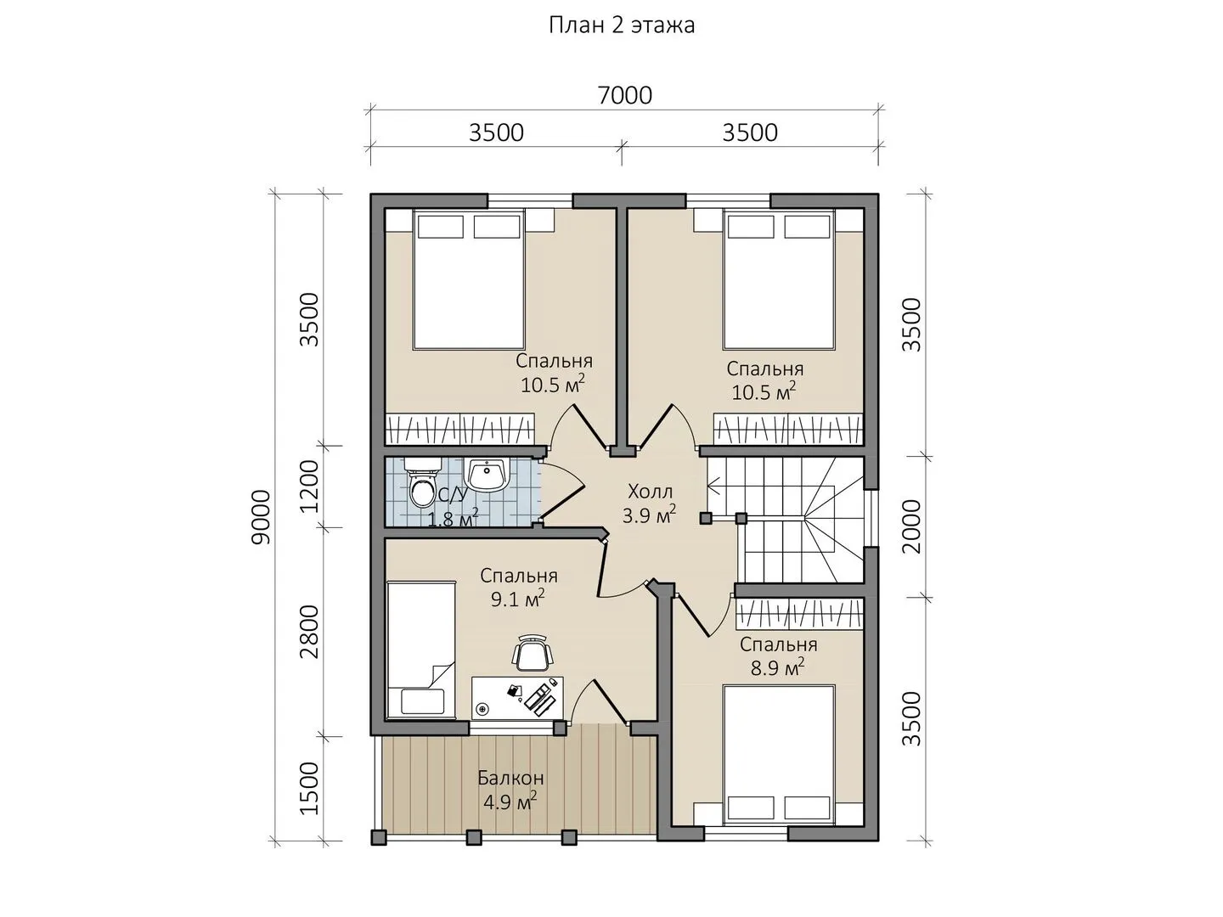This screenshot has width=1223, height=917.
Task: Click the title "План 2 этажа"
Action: [x=622, y=25]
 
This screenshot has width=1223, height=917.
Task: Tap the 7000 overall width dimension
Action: [x=624, y=96]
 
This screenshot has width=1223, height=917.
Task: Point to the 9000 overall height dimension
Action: [x=261, y=517]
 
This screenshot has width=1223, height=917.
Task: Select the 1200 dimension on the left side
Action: [x=308, y=486]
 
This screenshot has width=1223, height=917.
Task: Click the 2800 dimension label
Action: [x=308, y=632]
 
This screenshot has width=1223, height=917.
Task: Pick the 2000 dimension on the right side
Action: [x=911, y=526]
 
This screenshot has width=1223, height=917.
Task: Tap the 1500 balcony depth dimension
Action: [x=308, y=789]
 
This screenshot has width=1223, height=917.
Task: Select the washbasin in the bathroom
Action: [x=487, y=475]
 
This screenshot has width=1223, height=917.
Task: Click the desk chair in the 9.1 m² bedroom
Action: [x=533, y=653]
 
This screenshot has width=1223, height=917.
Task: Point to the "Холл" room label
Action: [x=651, y=492]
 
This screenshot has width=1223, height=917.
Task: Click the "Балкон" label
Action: [x=510, y=778]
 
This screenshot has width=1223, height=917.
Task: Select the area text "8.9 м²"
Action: [x=777, y=667]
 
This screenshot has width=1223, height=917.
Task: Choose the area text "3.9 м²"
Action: [x=649, y=515]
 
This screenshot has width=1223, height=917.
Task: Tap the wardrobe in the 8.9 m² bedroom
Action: [x=799, y=614]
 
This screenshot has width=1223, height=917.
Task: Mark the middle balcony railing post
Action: [x=474, y=837]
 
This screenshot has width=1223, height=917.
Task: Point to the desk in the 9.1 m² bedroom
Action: [x=517, y=698]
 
